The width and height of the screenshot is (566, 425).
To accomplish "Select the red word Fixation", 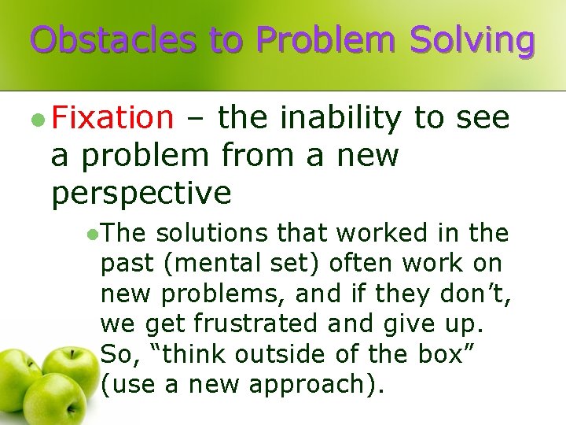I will click(112, 118).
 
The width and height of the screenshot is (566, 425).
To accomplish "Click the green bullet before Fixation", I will click(37, 120).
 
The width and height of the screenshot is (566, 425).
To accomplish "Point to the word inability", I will click(340, 118).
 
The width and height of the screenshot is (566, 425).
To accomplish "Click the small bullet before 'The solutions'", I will click(92, 234).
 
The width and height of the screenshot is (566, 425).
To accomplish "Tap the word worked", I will click(380, 234).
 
